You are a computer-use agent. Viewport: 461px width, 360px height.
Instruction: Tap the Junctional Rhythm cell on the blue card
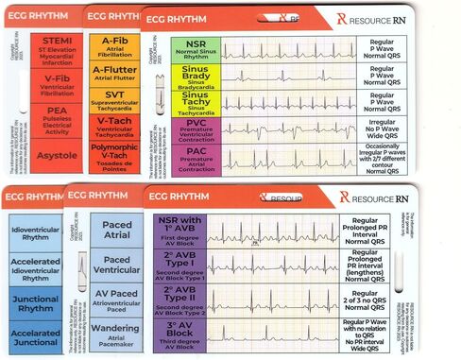click(x=36, y=303)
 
